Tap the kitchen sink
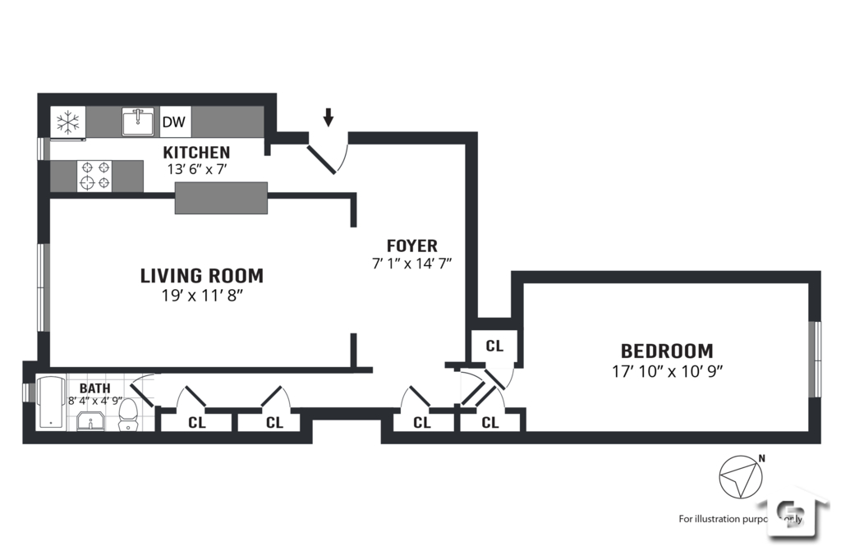pyautogui.click(x=140, y=122)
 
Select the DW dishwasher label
pyautogui.click(x=173, y=123)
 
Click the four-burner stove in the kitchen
pyautogui.click(x=94, y=176)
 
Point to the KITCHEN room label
pyautogui.click(x=196, y=153)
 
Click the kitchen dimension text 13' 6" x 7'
pyautogui.click(x=196, y=169)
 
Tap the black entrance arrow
pyautogui.click(x=329, y=118)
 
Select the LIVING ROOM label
pyautogui.click(x=202, y=276)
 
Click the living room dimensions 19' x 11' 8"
pyautogui.click(x=202, y=296)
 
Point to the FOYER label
pyautogui.click(x=412, y=246)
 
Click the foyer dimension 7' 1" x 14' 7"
pyautogui.click(x=412, y=264)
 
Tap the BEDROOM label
pyautogui.click(x=666, y=351)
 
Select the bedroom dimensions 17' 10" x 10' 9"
pyautogui.click(x=666, y=370)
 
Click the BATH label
pyautogui.click(x=94, y=388)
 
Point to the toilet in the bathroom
pyautogui.click(x=128, y=415)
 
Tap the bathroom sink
pyautogui.click(x=90, y=422)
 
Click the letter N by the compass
pyautogui.click(x=761, y=459)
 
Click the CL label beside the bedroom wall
pyautogui.click(x=494, y=346)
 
